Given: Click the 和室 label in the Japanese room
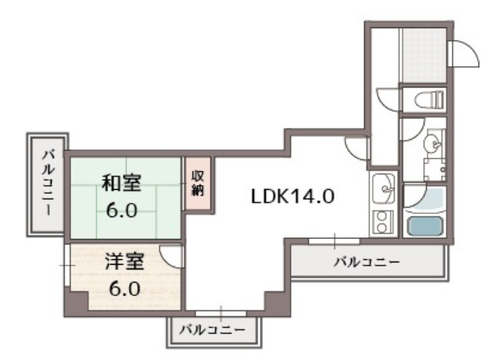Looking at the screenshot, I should pyautogui.click(x=122, y=184).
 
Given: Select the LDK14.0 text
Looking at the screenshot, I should pyautogui.click(x=293, y=196).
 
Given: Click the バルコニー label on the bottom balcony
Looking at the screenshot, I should pyautogui.click(x=211, y=330).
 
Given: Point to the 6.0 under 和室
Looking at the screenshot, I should pyautogui.click(x=122, y=212).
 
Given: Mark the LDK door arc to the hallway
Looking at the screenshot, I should pyautogui.click(x=356, y=146).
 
